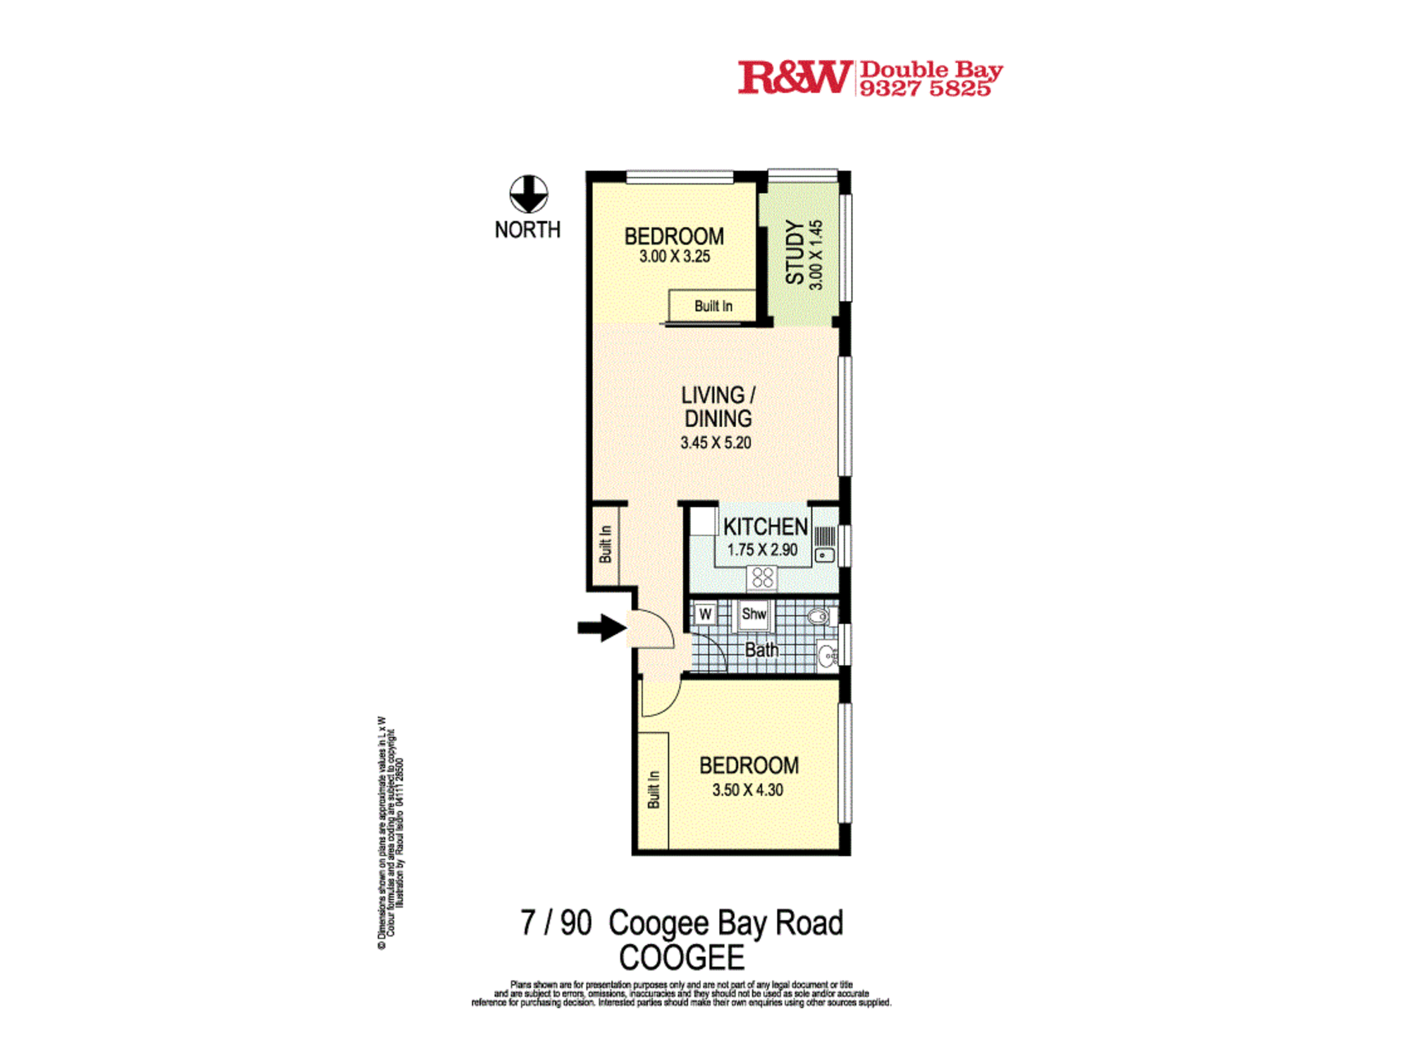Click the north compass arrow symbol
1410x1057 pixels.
(x=528, y=194)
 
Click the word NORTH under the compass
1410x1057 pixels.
(x=527, y=230)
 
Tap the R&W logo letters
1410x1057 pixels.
(x=794, y=78)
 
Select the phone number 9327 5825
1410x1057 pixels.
(x=925, y=89)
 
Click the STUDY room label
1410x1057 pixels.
(x=795, y=252)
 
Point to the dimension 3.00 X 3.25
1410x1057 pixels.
(x=675, y=256)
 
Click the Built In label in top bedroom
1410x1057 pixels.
(x=713, y=306)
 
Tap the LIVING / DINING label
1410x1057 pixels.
(x=718, y=407)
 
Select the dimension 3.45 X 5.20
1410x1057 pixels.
(x=716, y=443)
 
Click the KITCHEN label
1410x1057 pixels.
(x=765, y=526)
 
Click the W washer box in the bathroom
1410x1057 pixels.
(x=705, y=614)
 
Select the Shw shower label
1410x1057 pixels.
(x=754, y=614)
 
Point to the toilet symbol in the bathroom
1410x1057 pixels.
(x=820, y=617)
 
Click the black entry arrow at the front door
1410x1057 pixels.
(x=601, y=627)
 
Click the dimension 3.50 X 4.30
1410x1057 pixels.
(x=747, y=790)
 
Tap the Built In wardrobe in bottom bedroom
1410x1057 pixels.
(x=654, y=789)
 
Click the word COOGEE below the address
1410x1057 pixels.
(x=681, y=958)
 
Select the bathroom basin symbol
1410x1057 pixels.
(x=827, y=655)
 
